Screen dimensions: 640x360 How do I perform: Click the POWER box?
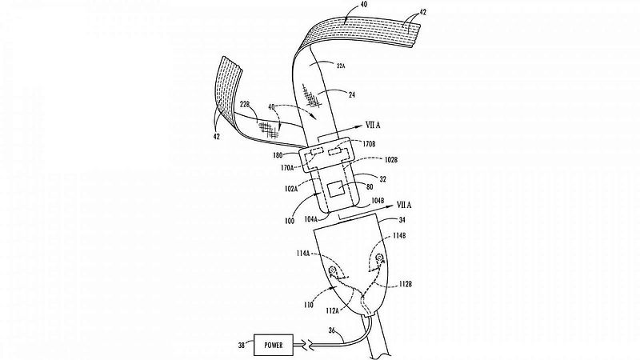tap(274, 345)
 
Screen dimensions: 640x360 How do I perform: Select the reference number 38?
tap(242, 346)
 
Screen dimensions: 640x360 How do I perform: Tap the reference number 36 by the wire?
tap(332, 330)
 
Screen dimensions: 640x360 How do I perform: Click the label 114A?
tap(303, 254)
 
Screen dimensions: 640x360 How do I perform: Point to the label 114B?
tap(399, 236)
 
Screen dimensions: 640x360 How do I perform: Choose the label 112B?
tap(405, 283)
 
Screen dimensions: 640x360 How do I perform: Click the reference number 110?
tap(309, 305)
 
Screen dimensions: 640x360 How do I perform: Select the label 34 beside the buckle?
tap(402, 220)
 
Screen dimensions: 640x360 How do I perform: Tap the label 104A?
tap(311, 219)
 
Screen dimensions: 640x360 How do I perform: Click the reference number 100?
tap(290, 221)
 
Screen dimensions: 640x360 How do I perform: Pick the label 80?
tap(370, 188)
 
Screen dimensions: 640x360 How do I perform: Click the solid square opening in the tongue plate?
tap(337, 190)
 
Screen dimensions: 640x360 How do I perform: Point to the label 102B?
tap(390, 160)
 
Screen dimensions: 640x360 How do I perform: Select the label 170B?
tap(369, 144)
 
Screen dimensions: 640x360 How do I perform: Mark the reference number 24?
tap(351, 94)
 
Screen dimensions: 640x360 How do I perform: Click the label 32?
tap(382, 179)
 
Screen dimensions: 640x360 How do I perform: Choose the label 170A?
tap(287, 168)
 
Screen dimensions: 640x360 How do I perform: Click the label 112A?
tap(332, 311)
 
